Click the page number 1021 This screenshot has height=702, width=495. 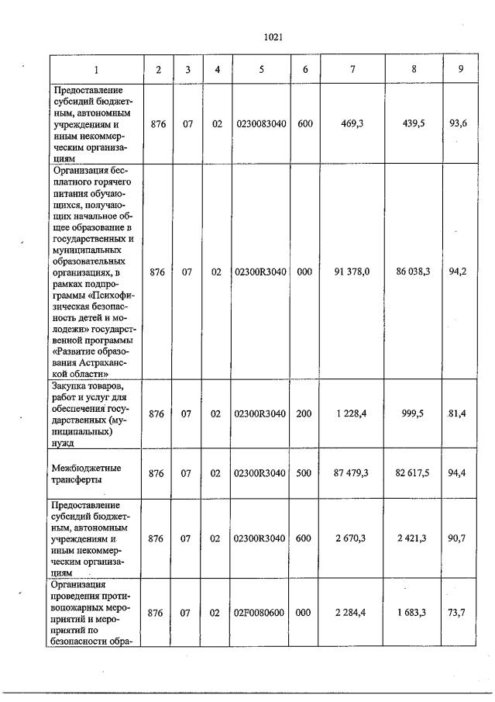272,36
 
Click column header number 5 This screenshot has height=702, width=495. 261,70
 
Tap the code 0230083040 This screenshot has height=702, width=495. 261,123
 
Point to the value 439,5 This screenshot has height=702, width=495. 414,123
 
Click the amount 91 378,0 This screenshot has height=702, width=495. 352,271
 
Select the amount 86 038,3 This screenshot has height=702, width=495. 414,271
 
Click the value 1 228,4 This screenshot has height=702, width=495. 352,414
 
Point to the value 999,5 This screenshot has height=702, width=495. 415,414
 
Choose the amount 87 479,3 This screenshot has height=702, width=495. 352,473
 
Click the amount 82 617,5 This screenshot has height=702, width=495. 414,473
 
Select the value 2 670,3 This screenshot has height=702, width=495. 352,538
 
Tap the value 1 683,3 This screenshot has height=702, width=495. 414,613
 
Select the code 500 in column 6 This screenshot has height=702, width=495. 304,473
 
